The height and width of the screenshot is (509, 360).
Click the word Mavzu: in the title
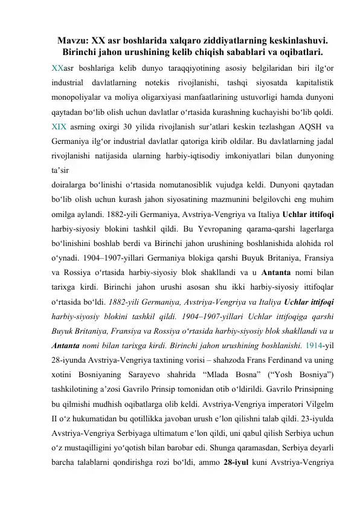(71, 41)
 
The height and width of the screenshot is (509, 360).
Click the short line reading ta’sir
(60, 175)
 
